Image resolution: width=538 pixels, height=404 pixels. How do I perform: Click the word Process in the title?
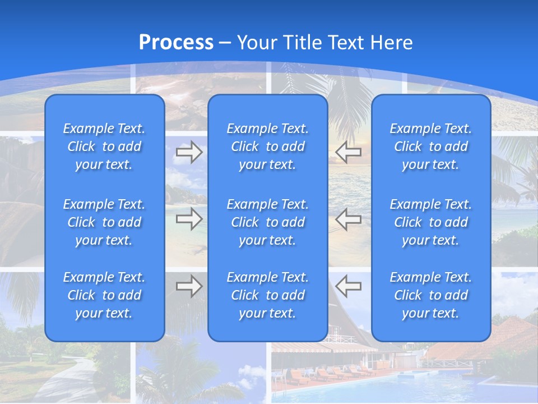point(176,43)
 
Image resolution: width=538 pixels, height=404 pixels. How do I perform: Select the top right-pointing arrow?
point(189,151)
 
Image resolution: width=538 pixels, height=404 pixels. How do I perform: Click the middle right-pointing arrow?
point(189,219)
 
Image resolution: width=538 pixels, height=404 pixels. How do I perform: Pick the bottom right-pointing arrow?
point(189,286)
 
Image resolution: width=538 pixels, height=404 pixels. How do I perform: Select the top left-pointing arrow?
point(348,151)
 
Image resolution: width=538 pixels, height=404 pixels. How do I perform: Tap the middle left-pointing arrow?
point(348,219)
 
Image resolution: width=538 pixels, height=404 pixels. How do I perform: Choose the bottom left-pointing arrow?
point(348,286)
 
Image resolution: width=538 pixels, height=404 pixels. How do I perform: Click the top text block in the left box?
point(104,146)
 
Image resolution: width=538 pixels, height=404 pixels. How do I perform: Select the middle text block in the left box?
point(104,222)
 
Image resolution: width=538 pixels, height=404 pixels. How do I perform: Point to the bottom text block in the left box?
point(104,295)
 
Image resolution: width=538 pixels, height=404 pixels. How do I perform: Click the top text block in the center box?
point(267,146)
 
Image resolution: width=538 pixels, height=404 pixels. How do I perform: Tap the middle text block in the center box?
point(267,222)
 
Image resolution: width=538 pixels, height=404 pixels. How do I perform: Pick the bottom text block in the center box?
point(267,295)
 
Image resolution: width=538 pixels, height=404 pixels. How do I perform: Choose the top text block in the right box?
point(430,146)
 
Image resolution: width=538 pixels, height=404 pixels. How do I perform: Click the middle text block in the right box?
point(430,222)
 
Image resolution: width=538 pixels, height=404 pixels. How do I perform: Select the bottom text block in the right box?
point(430,295)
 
